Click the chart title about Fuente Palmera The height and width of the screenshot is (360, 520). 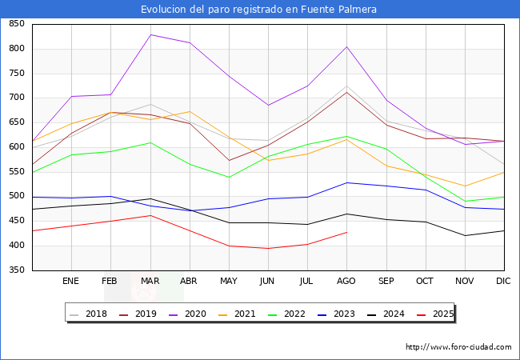coord(258,9)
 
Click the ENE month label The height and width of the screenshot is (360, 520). coord(71,281)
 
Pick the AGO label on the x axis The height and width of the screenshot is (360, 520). coord(346,281)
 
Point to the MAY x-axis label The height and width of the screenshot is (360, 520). coord(229,281)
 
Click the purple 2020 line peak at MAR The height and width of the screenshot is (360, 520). coord(150,34)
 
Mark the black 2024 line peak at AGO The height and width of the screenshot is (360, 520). coord(346,214)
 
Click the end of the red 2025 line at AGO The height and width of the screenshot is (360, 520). coord(346,232)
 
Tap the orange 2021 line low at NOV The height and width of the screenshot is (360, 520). coord(465,186)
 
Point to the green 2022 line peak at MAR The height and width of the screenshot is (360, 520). coord(150,142)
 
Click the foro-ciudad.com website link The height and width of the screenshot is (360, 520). coord(458,347)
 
